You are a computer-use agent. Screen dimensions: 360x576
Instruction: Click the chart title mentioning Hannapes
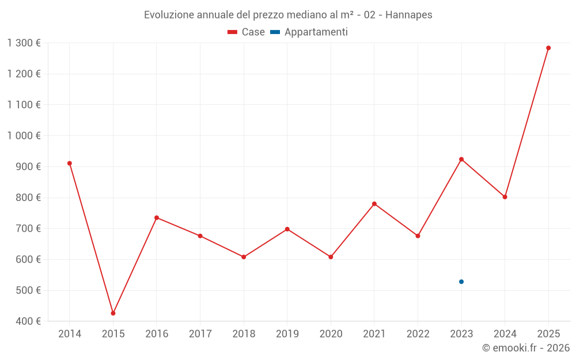(288, 15)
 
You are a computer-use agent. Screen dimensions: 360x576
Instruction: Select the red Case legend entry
(247, 32)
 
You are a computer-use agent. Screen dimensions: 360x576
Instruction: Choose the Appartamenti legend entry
(309, 32)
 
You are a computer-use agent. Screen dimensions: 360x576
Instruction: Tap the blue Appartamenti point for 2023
(461, 282)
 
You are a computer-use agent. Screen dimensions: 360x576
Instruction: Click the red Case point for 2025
(548, 48)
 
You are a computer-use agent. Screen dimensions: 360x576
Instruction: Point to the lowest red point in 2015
(113, 313)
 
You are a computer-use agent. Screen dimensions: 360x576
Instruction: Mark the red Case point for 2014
(70, 163)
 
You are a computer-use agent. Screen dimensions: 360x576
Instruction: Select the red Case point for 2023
(461, 159)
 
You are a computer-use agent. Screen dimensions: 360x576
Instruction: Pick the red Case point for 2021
(374, 204)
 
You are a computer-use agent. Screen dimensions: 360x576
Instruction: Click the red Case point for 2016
(157, 218)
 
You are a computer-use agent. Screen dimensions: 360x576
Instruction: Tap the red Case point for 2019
(287, 229)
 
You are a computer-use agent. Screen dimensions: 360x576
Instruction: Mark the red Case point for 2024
(505, 197)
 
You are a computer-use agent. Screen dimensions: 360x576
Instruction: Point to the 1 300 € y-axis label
(24, 43)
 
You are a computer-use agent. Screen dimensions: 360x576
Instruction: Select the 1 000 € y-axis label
(24, 136)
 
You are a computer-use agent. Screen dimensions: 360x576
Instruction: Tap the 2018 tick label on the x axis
(244, 334)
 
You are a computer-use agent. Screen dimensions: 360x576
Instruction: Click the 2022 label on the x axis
(418, 334)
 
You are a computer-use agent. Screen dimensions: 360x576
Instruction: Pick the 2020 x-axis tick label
(331, 334)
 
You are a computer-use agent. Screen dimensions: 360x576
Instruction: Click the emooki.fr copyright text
(526, 348)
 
